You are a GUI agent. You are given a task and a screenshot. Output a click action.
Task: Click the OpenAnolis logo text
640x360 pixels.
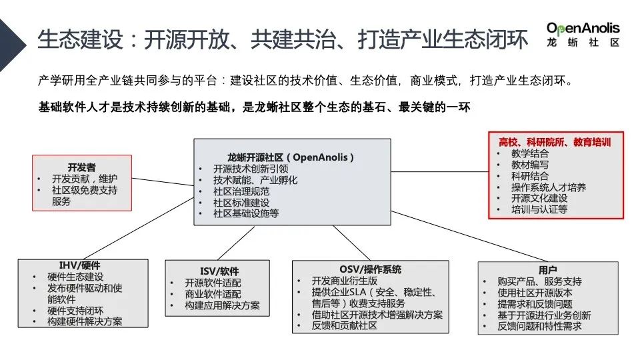[583, 28]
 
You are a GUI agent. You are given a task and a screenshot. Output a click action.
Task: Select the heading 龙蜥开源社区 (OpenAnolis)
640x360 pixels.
[291, 157]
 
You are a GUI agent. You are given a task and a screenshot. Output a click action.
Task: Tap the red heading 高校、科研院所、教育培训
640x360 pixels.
[555, 142]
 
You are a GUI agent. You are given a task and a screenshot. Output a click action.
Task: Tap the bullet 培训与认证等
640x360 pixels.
[539, 209]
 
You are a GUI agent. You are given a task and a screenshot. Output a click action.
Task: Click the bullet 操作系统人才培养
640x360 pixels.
[549, 187]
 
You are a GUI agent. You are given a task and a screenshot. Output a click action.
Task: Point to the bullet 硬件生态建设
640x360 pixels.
[75, 277]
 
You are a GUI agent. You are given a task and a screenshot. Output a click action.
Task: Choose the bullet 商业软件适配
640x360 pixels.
[213, 294]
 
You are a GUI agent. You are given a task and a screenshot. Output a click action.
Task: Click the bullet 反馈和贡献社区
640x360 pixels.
[344, 326]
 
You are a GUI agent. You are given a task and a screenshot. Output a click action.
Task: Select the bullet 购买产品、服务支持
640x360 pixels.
[539, 281]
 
